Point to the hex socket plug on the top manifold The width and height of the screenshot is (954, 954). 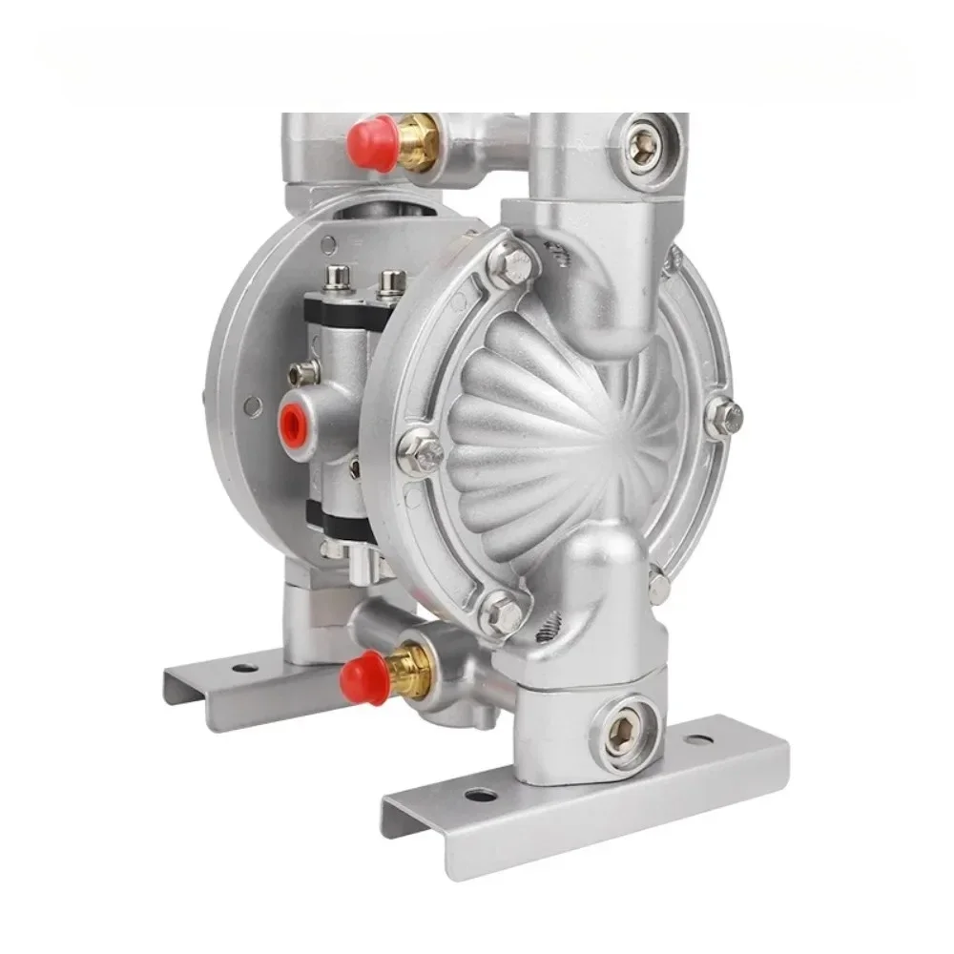coord(645,144)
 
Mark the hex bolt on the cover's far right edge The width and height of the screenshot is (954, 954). coord(726,417)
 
